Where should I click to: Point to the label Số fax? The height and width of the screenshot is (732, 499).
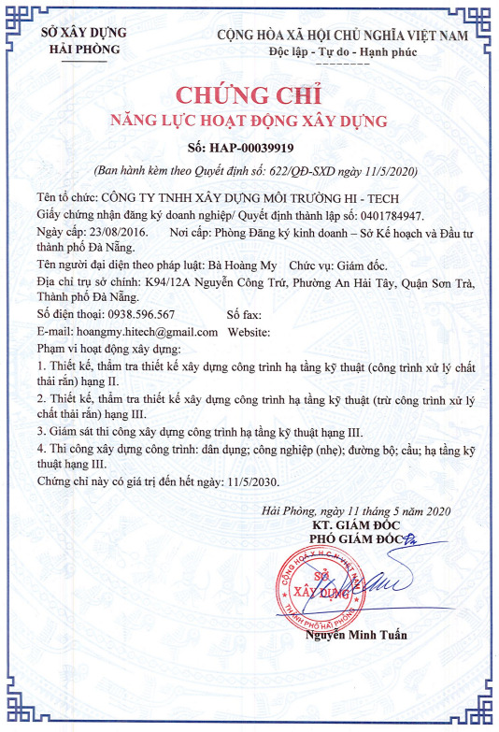coord(247,314)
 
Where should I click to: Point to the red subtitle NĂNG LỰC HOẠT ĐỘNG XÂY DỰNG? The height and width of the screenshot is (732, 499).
coord(249,122)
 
